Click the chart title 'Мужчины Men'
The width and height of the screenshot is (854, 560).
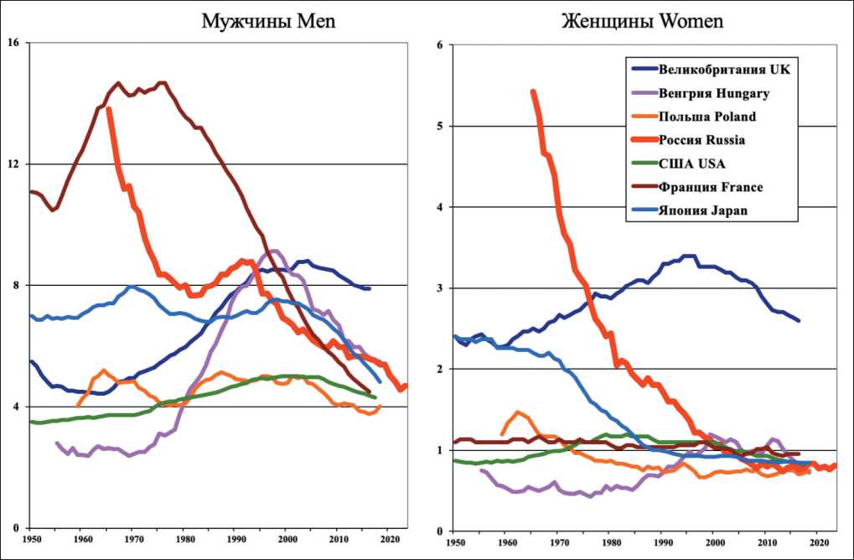[268, 21]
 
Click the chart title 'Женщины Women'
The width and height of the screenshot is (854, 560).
[643, 21]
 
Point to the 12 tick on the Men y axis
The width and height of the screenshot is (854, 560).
[14, 163]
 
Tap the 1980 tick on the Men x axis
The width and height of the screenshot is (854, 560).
[186, 539]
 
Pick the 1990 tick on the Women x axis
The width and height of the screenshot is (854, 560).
[660, 542]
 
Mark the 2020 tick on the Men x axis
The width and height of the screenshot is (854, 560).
[391, 539]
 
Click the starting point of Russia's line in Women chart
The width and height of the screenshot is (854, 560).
[533, 91]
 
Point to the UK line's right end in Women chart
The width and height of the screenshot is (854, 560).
[798, 320]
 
